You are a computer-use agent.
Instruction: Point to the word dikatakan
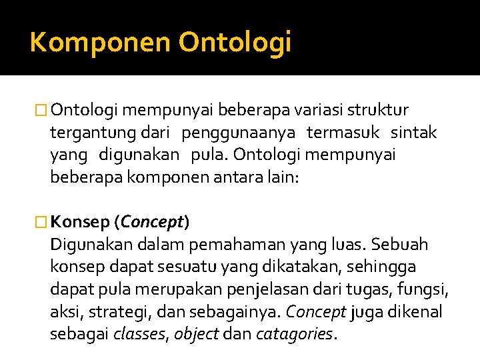point(289,267)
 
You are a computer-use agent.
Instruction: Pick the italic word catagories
point(293,335)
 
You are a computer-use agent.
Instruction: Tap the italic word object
point(197,335)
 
